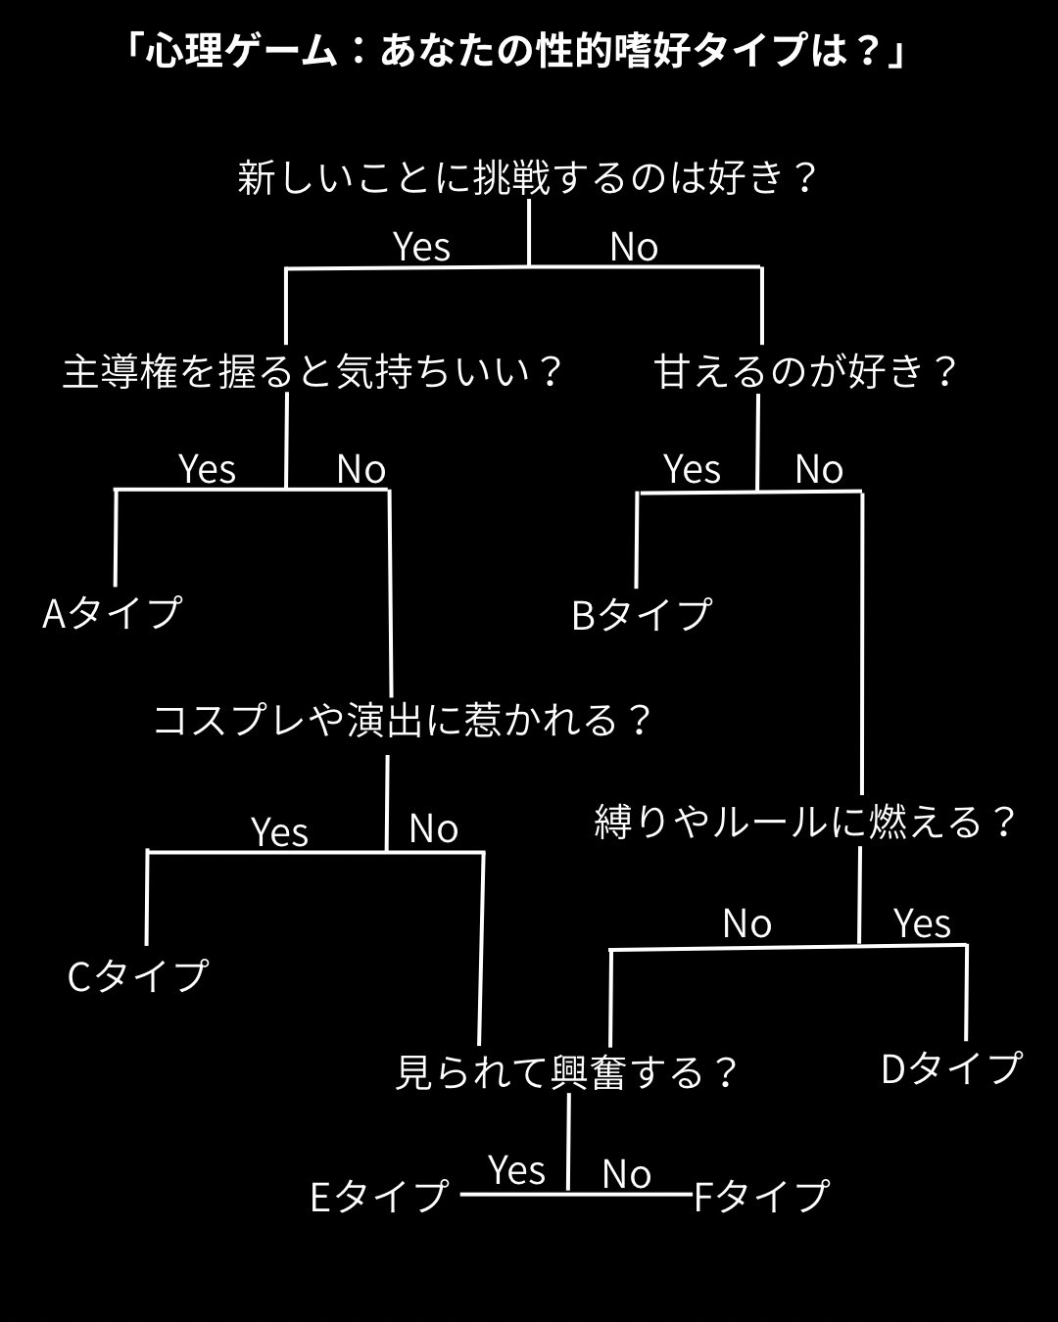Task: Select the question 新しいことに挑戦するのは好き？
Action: click(527, 178)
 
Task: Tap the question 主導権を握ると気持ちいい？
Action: click(313, 372)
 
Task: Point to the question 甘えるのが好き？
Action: click(805, 372)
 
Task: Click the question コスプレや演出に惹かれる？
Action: click(403, 721)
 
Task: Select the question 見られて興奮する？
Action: click(566, 1072)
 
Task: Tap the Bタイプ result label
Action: click(642, 615)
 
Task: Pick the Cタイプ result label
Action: click(138, 975)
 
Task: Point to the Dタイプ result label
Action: click(951, 1068)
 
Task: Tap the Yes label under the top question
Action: click(421, 247)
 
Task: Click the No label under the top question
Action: click(634, 247)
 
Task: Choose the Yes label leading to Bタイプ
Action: click(692, 470)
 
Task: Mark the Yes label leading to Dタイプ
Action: click(922, 923)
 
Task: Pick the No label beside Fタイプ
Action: click(627, 1173)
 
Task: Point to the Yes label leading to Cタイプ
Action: click(280, 832)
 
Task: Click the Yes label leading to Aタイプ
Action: click(207, 470)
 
